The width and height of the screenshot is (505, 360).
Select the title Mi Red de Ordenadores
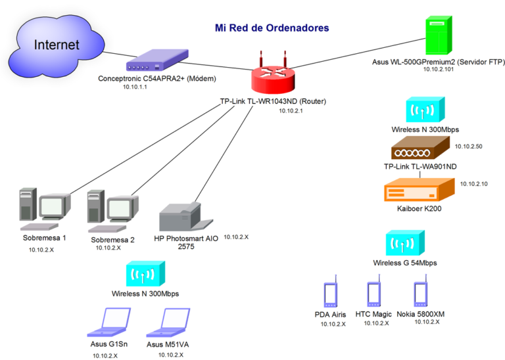[x=272, y=28]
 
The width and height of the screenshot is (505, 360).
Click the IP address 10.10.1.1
[x=135, y=86]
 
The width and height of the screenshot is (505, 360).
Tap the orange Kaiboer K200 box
[x=419, y=191]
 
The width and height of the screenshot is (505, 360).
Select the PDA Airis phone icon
[x=331, y=295]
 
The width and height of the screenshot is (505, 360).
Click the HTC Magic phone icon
[x=374, y=295]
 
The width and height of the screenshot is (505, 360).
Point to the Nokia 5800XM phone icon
[x=421, y=294]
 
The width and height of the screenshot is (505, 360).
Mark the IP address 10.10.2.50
[x=469, y=146]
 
